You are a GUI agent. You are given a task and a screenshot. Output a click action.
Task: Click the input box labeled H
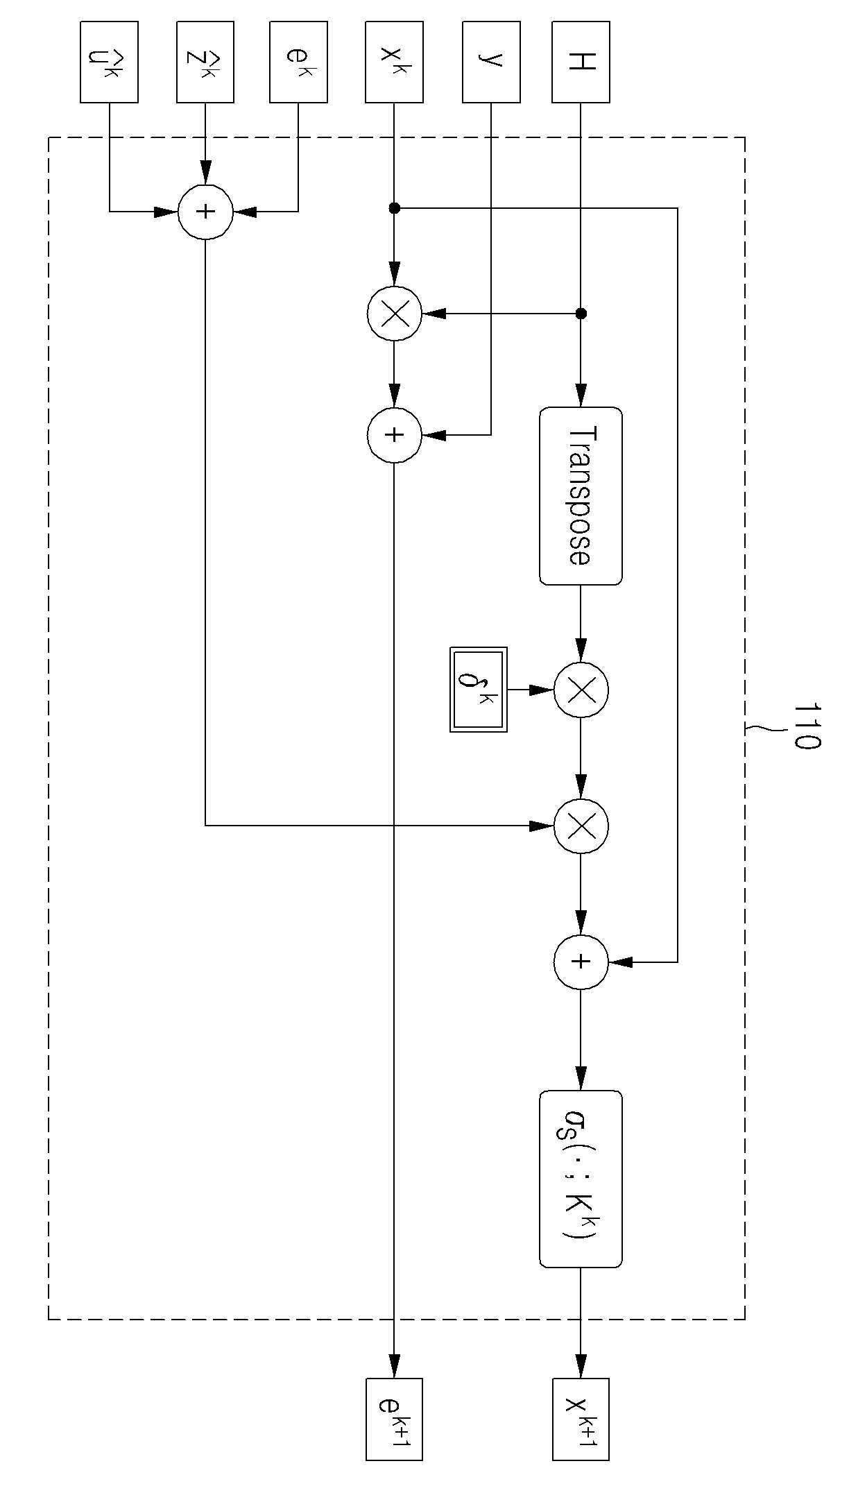click(x=581, y=62)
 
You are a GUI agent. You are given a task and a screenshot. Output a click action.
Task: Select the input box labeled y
click(x=491, y=62)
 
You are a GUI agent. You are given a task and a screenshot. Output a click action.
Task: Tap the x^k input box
click(x=394, y=62)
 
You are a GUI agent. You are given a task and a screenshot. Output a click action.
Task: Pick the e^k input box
click(x=298, y=62)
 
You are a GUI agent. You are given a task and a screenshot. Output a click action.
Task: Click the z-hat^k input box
click(x=205, y=62)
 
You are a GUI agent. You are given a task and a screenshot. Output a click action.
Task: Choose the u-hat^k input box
click(x=109, y=62)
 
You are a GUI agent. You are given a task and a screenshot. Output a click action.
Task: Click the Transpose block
click(x=581, y=496)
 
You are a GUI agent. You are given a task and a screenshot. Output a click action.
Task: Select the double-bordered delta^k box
click(x=479, y=690)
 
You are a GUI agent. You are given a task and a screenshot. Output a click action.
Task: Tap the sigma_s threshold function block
click(x=581, y=1179)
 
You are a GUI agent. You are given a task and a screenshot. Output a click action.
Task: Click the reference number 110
click(x=806, y=726)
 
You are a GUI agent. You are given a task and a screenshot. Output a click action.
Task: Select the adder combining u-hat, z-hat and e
click(x=205, y=212)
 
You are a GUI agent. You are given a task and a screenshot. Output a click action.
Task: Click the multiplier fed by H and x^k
click(x=394, y=314)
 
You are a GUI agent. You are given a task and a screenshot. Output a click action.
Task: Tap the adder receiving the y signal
click(x=394, y=435)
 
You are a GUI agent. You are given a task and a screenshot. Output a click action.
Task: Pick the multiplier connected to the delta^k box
click(x=581, y=690)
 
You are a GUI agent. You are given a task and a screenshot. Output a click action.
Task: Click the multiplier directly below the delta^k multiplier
click(x=581, y=826)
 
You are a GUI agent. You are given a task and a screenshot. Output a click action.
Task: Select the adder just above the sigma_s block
click(x=581, y=962)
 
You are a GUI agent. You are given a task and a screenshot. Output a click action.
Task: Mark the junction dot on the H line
click(x=581, y=314)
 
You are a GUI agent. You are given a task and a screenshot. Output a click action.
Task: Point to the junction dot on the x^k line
click(x=394, y=207)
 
